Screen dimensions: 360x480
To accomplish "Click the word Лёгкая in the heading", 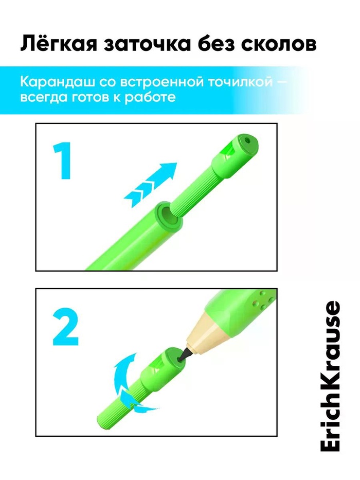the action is (x=59, y=44).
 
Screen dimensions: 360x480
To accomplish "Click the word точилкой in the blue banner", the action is (x=240, y=82).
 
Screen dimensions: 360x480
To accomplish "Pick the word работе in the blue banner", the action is (x=150, y=97).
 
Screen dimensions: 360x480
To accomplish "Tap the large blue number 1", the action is (x=62, y=161).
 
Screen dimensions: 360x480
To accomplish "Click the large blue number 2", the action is (x=65, y=327).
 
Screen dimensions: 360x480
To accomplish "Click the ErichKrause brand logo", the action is (x=330, y=376).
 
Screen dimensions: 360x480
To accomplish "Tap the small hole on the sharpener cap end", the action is (x=247, y=140).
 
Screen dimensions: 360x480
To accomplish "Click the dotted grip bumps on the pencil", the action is (x=261, y=300).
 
